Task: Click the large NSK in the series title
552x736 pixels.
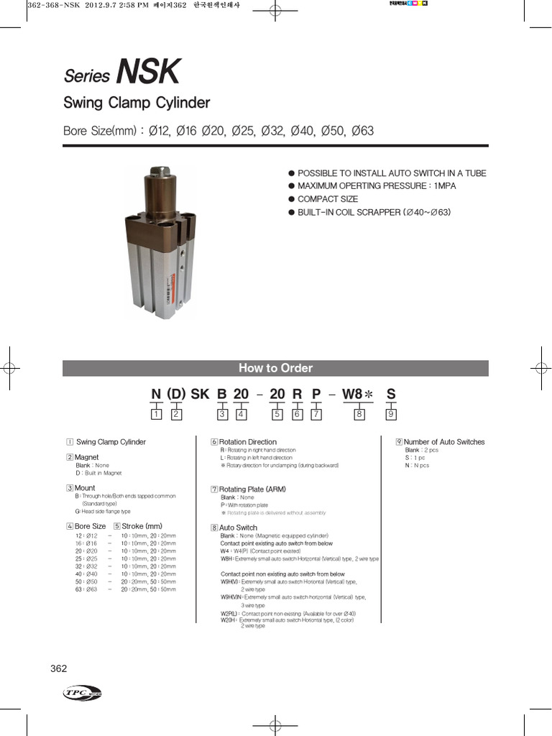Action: tap(149, 73)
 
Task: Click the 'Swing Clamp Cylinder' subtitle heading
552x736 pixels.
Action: tap(137, 103)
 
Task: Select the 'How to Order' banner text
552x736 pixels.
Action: tap(275, 368)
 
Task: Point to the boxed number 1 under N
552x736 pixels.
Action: tap(156, 414)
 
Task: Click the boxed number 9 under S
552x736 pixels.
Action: tap(391, 414)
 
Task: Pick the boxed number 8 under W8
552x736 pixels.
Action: tap(360, 414)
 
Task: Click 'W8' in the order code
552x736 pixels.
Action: tap(352, 394)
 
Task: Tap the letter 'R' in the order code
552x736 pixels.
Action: tap(297, 394)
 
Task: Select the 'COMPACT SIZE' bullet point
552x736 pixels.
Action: tap(328, 199)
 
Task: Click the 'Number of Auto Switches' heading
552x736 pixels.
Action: tap(443, 442)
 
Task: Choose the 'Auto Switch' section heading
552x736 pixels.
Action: tap(238, 528)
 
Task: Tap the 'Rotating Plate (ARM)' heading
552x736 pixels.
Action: tap(252, 489)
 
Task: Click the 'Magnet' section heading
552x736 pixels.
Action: tap(86, 457)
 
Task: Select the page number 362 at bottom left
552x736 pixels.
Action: tap(59, 668)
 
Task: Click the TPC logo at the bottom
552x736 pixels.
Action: tap(82, 692)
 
